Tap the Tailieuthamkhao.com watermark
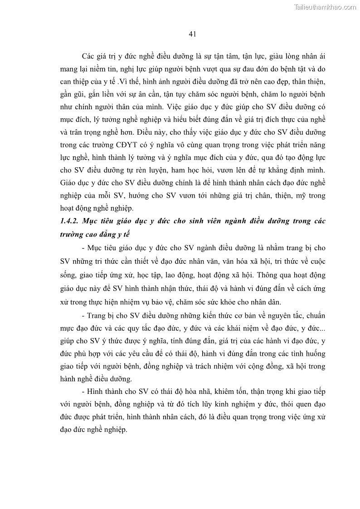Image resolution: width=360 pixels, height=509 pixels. (325, 7)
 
